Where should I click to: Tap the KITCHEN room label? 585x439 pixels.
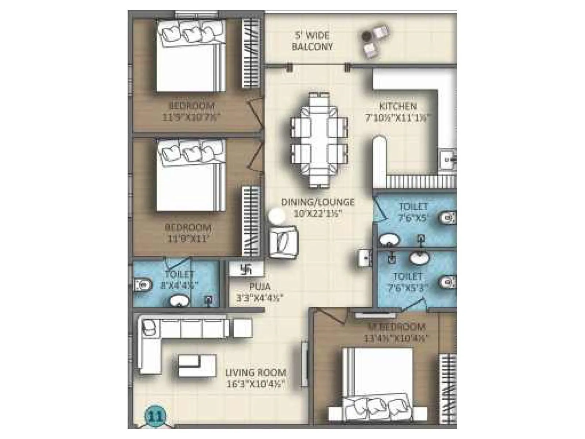click(x=398, y=106)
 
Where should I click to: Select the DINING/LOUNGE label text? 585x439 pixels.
click(x=317, y=202)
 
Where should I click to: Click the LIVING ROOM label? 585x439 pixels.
click(x=256, y=373)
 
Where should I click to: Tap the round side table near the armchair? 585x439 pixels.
click(x=277, y=217)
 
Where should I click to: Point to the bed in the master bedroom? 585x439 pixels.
click(x=378, y=384)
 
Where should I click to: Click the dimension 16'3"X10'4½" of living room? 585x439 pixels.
click(x=255, y=384)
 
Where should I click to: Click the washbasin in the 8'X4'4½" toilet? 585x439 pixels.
click(x=179, y=301)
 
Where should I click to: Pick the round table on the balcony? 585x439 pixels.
click(x=367, y=35)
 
